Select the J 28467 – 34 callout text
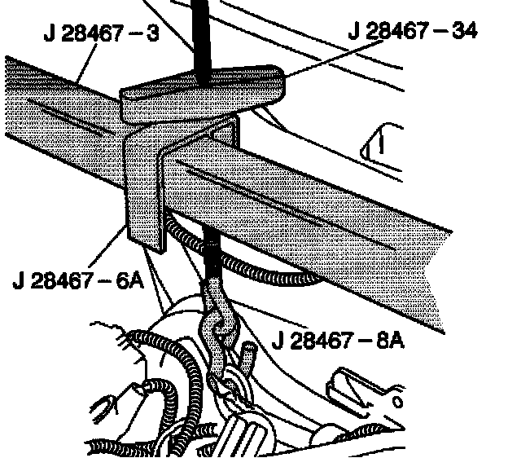tap(412, 32)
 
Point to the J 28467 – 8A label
tap(339, 338)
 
